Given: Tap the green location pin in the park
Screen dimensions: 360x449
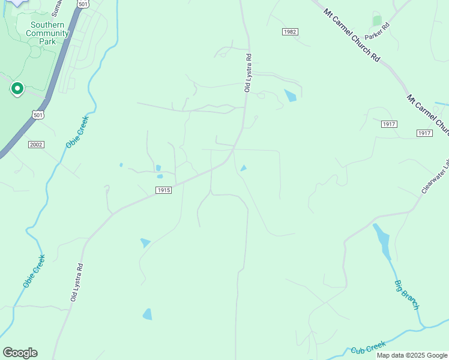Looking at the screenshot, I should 17,89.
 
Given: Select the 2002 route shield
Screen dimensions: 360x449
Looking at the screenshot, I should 36,145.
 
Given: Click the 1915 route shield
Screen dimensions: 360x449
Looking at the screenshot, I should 163,190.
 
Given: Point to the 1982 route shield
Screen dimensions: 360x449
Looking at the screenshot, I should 290,31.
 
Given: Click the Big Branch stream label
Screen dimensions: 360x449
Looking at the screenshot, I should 406,295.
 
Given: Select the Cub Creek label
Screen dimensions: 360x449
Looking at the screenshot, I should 367,348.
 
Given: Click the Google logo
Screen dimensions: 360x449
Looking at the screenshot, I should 20,353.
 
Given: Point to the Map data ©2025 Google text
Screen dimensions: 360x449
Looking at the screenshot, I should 411,355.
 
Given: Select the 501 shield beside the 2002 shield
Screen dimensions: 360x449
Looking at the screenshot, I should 38,115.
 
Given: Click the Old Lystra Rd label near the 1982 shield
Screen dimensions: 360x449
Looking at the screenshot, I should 247,73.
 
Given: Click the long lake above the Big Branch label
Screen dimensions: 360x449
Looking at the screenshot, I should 382,239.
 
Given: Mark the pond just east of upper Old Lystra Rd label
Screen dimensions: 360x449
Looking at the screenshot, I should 291,95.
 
